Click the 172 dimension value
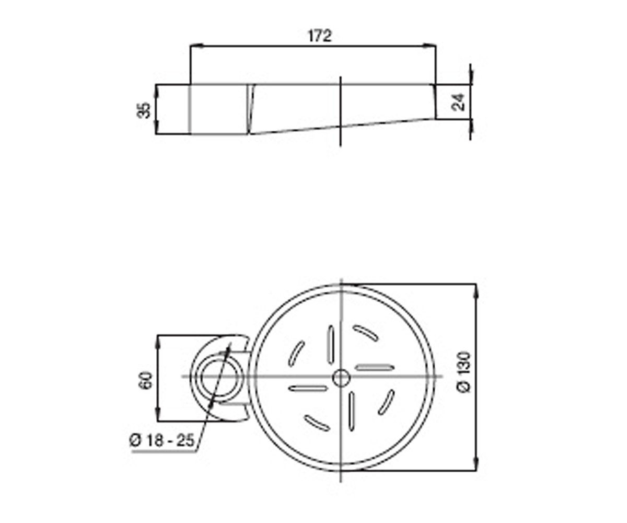[320, 36]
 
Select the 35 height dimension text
[144, 110]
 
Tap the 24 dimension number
[458, 103]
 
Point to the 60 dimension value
[146, 380]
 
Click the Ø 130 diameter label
[464, 371]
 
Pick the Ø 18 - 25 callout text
[162, 441]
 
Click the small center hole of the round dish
[341, 378]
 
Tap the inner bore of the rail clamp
[220, 378]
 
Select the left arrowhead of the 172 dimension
[196, 47]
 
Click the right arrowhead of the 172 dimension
[429, 47]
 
